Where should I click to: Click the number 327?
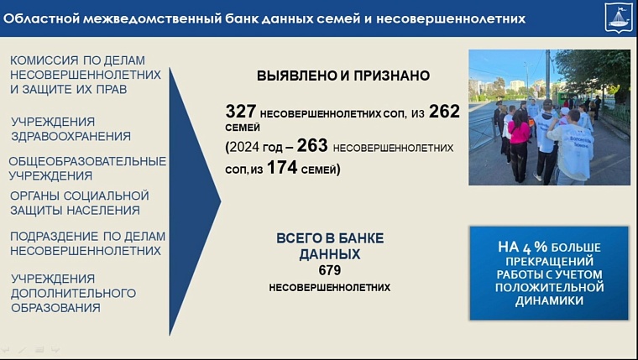click(x=241, y=112)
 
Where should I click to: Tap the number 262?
click(x=444, y=112)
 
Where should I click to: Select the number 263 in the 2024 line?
click(x=312, y=146)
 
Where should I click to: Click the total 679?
click(x=330, y=271)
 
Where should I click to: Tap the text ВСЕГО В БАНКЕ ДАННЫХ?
click(x=330, y=246)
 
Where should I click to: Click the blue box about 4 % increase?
click(x=549, y=273)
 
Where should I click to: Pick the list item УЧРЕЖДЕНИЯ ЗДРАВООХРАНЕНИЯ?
click(x=71, y=128)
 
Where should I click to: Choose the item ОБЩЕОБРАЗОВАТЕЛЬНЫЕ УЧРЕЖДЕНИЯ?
click(x=87, y=168)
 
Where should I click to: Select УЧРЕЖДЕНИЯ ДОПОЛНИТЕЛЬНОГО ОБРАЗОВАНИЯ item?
click(x=73, y=293)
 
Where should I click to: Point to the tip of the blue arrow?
click(x=220, y=201)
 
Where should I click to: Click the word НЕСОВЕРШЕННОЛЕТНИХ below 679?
click(x=330, y=287)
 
